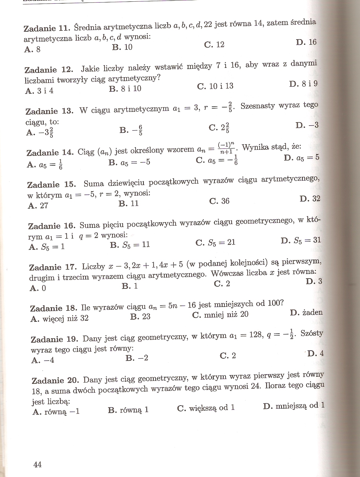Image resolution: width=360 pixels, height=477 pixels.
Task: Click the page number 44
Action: [x=37, y=464]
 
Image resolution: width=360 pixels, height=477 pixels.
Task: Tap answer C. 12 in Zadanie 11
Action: [x=214, y=45]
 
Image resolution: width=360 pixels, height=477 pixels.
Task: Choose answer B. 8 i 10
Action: [x=125, y=88]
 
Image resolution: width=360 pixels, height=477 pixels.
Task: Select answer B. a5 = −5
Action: [x=129, y=162]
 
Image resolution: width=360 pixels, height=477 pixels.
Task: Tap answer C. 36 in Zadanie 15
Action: [x=219, y=201]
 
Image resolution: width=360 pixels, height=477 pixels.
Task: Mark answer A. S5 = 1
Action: [x=46, y=247]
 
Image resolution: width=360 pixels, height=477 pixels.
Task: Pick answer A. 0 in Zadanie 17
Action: [x=38, y=288]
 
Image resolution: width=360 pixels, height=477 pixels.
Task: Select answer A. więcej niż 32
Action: [x=60, y=318]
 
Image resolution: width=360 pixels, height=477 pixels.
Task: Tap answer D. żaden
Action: [x=306, y=312]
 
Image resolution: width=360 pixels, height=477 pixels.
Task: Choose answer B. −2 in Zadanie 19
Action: [x=137, y=358]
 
